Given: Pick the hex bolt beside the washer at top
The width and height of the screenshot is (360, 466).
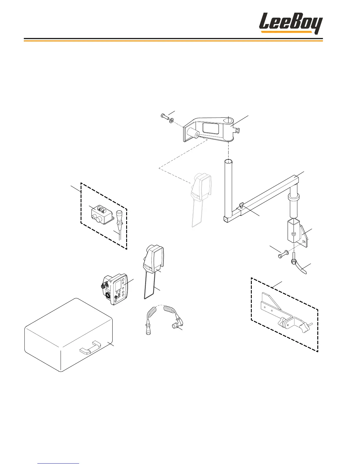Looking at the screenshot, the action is click(165, 117).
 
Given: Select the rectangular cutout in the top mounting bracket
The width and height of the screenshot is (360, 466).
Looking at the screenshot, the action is click(211, 129).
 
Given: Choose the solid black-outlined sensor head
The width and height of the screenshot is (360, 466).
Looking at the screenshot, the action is click(154, 259).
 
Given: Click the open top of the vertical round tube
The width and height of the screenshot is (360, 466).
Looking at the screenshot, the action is click(228, 162).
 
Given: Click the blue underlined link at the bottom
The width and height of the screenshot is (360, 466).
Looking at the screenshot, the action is click(59, 464).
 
